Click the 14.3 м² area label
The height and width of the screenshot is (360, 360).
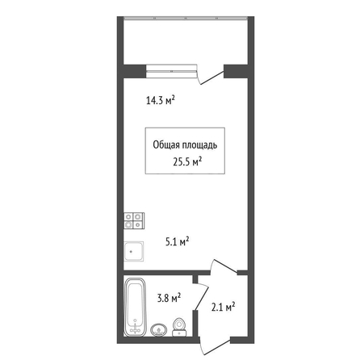click(161, 100)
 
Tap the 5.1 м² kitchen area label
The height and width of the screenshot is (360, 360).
click(177, 241)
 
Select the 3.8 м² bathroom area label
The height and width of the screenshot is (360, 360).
click(169, 298)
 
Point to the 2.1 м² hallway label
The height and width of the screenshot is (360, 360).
click(224, 307)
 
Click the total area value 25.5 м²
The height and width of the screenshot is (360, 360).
click(187, 162)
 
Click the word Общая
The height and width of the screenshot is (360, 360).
click(166, 144)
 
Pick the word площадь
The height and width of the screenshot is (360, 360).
click(200, 145)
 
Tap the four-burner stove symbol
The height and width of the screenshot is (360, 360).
click(134, 220)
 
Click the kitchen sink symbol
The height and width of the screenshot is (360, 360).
click(133, 251)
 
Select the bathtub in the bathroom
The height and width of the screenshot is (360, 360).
click(136, 307)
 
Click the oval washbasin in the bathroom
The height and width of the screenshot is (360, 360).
click(159, 329)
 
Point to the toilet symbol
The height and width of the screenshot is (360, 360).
click(179, 327)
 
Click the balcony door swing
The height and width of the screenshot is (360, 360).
click(211, 76)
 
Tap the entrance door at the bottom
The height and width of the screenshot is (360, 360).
click(216, 347)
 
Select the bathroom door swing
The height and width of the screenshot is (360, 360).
click(203, 297)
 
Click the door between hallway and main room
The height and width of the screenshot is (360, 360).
click(224, 266)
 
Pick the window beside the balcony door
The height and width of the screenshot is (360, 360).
click(171, 71)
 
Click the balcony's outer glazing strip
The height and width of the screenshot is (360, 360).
click(186, 18)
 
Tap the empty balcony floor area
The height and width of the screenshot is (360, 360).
click(186, 42)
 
